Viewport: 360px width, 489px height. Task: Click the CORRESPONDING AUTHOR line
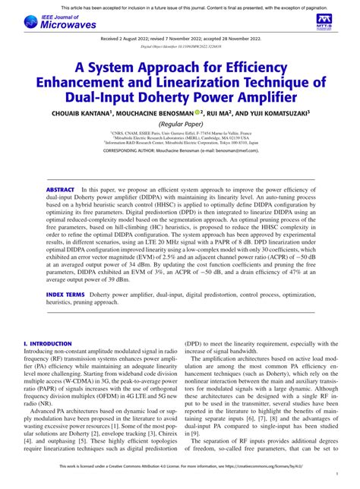click(x=179, y=151)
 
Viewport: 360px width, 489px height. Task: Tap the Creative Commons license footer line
click(x=180, y=479)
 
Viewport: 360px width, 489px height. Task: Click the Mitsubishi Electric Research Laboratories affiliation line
click(x=179, y=136)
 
